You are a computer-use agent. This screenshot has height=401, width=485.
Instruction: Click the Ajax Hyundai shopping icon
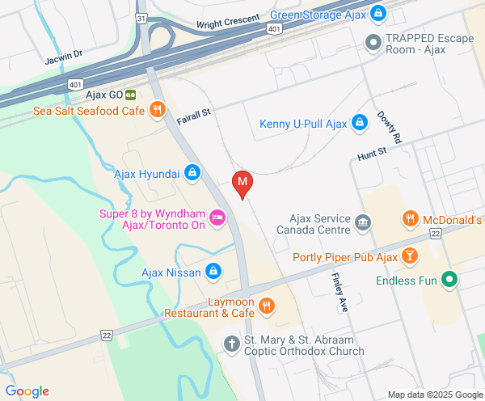tap(192, 171)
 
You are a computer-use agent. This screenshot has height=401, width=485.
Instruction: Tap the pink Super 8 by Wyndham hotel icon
tap(217, 217)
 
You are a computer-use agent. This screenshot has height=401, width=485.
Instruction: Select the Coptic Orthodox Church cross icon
tap(232, 344)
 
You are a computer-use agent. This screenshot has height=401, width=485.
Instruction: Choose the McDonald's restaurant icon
tap(411, 219)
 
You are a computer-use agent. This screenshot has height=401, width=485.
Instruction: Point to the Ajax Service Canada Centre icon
tap(363, 222)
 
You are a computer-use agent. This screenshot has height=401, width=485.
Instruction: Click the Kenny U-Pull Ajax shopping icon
tap(361, 124)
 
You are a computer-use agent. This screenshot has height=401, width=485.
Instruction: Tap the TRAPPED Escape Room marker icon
tap(373, 40)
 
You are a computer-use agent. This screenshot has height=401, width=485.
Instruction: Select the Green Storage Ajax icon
tap(377, 14)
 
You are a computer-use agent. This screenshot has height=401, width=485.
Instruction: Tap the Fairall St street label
tap(194, 117)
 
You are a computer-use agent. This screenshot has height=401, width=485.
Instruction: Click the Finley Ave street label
tap(339, 293)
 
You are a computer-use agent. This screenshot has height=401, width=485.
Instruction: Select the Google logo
tap(27, 391)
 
